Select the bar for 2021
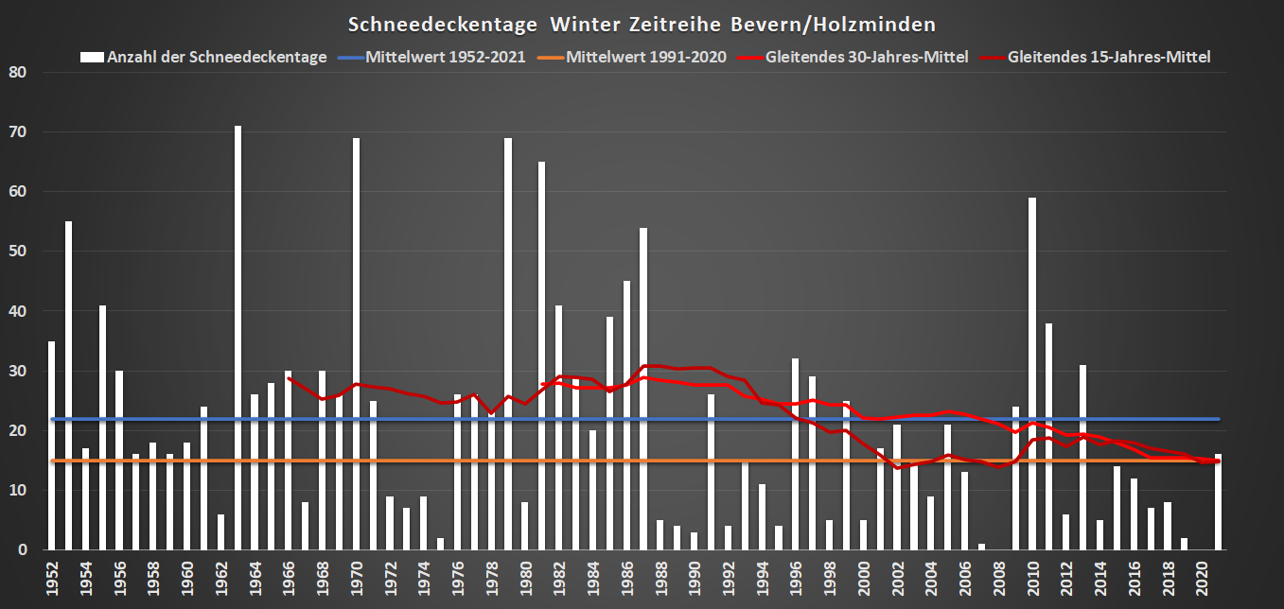point(1218,502)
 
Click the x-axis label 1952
point(51,577)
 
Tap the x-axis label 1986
point(626,577)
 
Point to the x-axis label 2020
point(1202,577)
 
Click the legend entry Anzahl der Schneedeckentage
point(217,57)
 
